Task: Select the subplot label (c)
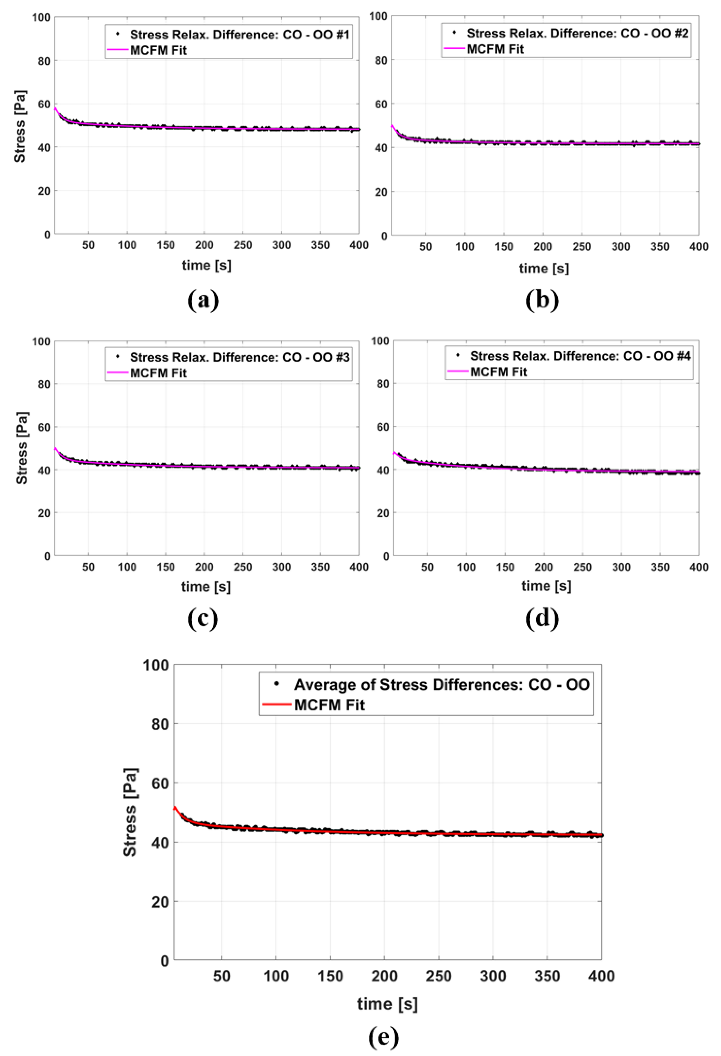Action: coord(203,618)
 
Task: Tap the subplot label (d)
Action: coord(542,618)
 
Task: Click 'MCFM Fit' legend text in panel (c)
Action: coord(158,373)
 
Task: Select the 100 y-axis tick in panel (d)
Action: coord(380,341)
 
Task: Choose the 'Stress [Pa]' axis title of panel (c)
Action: coord(21,448)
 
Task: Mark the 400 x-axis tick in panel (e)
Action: coord(601,976)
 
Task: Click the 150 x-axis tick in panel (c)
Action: coord(165,567)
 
